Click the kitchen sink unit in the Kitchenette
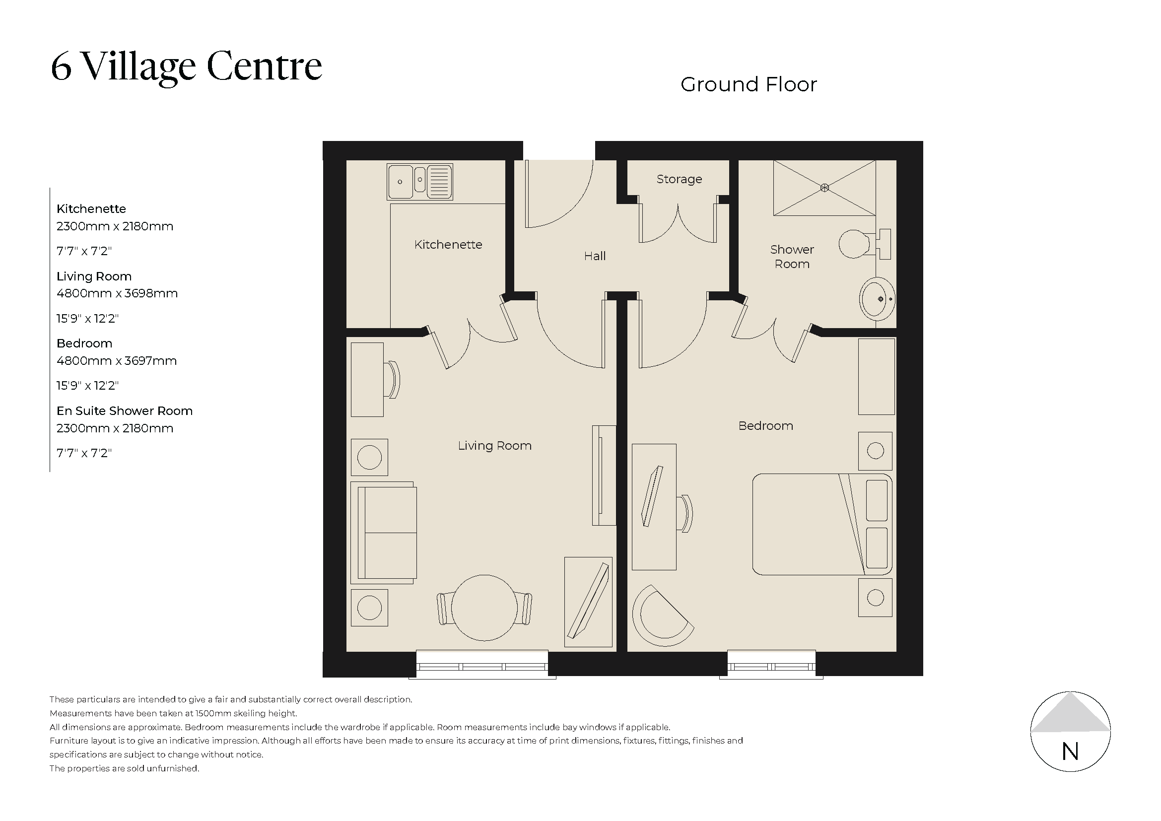coord(420,181)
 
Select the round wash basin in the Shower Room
coord(877,299)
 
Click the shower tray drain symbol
coord(824,188)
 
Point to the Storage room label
coord(679,179)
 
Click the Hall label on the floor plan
coord(595,256)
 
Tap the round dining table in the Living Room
coord(484,608)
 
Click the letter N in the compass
coord(1070,752)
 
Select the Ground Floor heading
coord(749,84)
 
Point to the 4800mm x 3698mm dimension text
coord(117,293)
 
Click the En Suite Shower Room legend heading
coord(125,411)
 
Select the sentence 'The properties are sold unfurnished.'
coord(125,768)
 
